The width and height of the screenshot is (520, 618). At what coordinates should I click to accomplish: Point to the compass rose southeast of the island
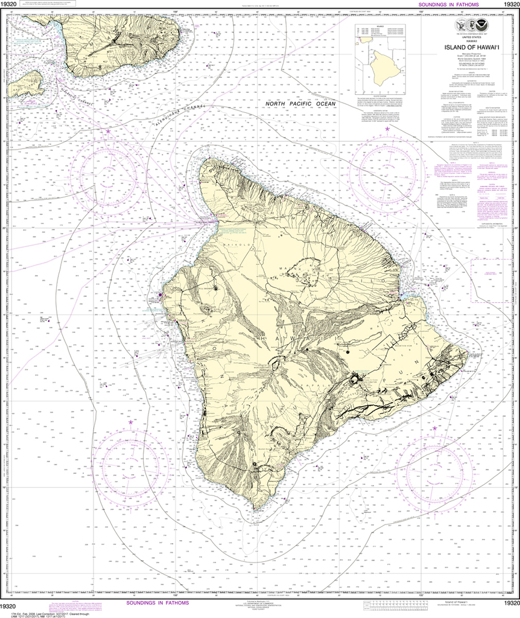(x=433, y=465)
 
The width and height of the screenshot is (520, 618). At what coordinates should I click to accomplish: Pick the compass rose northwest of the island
(x=109, y=171)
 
